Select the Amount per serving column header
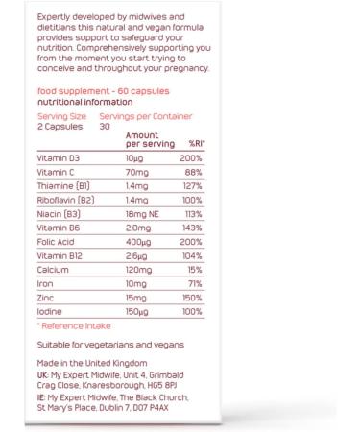coord(149,138)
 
